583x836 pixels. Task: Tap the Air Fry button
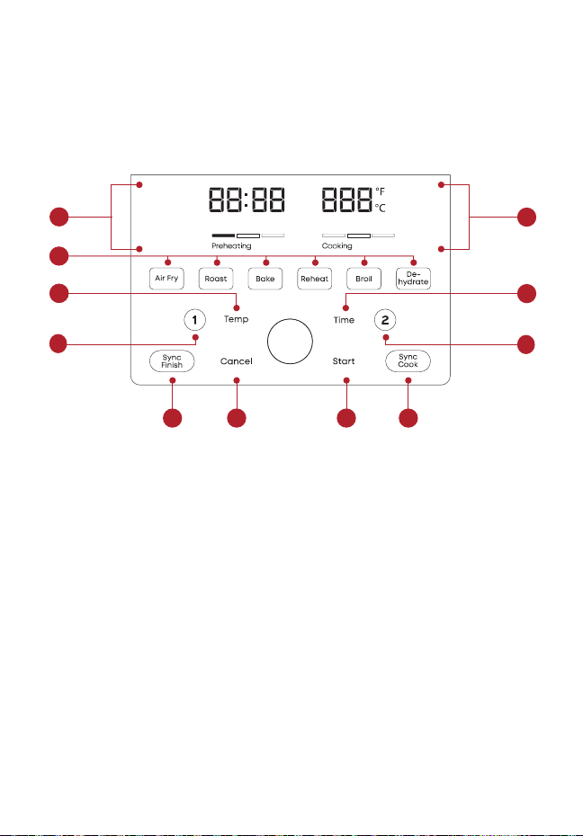click(166, 279)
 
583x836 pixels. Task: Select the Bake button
click(265, 279)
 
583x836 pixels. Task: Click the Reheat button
click(314, 279)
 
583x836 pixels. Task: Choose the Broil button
click(363, 279)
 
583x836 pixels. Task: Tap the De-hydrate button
click(413, 279)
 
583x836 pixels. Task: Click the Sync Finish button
click(172, 361)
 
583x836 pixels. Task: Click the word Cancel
click(237, 361)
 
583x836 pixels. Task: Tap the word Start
click(344, 361)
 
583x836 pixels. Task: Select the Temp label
click(237, 319)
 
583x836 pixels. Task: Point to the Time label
click(344, 320)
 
